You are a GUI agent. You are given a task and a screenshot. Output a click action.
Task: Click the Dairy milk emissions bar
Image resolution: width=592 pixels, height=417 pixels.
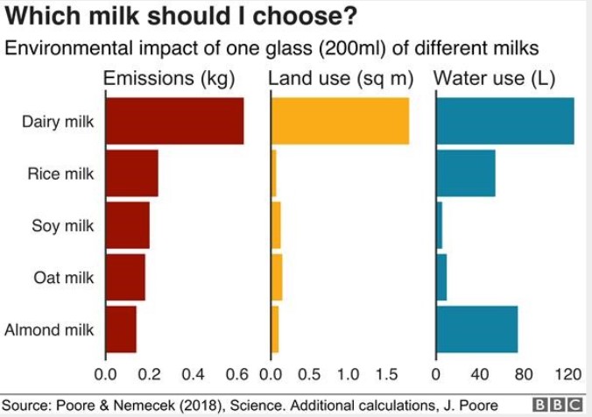tap(174, 121)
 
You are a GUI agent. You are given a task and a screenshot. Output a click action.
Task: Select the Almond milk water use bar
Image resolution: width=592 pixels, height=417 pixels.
tap(476, 329)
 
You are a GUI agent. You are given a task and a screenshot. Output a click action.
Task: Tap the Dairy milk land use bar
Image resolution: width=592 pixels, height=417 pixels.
tap(340, 121)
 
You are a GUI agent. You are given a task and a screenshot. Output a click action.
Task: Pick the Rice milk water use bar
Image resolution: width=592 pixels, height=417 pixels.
tap(465, 173)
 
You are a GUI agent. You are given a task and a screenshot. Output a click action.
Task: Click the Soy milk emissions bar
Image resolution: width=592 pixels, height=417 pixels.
tap(127, 225)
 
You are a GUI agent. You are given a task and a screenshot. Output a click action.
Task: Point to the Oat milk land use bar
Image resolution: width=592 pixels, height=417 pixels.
tap(277, 278)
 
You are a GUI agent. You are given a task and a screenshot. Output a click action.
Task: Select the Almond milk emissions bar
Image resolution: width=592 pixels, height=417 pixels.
tap(121, 329)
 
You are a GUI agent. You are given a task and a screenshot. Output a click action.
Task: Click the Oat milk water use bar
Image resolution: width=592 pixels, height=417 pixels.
tap(441, 278)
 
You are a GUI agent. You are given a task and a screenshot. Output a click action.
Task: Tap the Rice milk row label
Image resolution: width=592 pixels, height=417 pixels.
tap(60, 173)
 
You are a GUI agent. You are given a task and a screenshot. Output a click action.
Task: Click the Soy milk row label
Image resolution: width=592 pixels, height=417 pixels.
tap(62, 226)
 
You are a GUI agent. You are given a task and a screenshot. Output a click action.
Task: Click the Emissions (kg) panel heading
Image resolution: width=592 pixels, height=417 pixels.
tap(169, 79)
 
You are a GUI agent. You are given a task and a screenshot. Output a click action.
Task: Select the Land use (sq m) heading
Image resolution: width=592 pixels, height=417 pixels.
tap(340, 79)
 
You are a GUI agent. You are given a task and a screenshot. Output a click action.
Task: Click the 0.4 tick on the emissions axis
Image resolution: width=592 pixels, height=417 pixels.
tap(193, 375)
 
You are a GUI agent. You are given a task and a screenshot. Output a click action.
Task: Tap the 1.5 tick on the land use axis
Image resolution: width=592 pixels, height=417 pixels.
tap(386, 375)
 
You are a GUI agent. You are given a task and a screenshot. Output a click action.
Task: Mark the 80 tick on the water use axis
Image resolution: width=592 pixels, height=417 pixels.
tap(524, 375)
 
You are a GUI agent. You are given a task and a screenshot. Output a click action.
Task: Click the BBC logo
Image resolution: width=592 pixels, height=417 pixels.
tap(558, 405)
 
